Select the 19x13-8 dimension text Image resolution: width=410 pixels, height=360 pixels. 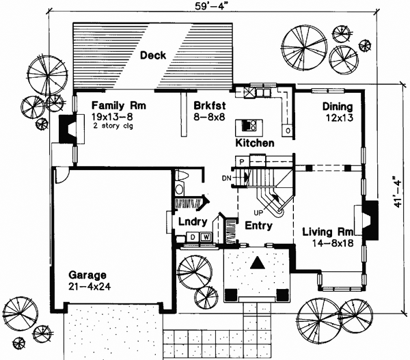pyautogui.click(x=113, y=117)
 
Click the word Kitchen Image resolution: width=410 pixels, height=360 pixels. pyautogui.click(x=255, y=143)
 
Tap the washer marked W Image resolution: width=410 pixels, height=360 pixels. pyautogui.click(x=205, y=238)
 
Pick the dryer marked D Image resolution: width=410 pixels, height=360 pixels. pyautogui.click(x=193, y=238)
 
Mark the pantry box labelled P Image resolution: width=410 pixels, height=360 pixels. pyautogui.click(x=241, y=160)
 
